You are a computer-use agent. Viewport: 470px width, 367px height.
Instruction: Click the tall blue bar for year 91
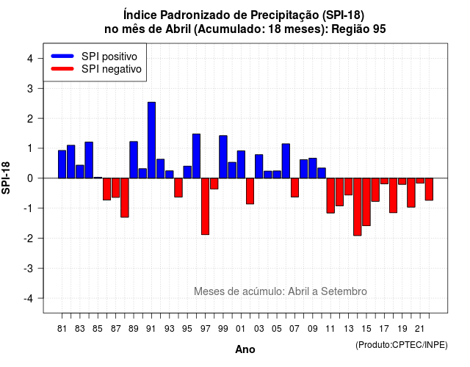pyautogui.click(x=151, y=140)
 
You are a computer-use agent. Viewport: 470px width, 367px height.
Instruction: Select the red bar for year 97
pyautogui.click(x=206, y=206)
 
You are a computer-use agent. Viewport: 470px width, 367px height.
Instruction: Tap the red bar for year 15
pyautogui.click(x=366, y=202)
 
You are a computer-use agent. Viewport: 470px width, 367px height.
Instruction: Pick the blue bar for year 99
pyautogui.click(x=223, y=157)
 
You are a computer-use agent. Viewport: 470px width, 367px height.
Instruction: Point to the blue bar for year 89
pyautogui.click(x=134, y=160)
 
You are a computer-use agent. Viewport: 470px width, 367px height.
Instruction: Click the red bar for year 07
pyautogui.click(x=294, y=188)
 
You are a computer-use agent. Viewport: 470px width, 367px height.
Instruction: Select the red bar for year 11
pyautogui.click(x=330, y=196)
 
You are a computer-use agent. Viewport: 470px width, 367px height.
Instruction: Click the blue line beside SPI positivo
pyautogui.click(x=62, y=56)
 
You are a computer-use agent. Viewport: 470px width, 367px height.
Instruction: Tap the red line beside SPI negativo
pyautogui.click(x=62, y=69)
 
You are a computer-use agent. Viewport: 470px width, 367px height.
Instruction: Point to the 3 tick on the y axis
pyautogui.click(x=40, y=88)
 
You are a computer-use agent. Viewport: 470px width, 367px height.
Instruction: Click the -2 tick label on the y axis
pyautogui.click(x=29, y=238)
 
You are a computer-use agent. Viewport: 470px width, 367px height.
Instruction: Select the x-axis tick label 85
pyautogui.click(x=98, y=329)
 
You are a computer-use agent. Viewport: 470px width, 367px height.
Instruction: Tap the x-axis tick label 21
pyautogui.click(x=419, y=329)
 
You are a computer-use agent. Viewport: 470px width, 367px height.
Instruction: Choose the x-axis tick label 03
pyautogui.click(x=259, y=329)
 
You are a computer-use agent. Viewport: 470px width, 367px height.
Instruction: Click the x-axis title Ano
pyautogui.click(x=245, y=349)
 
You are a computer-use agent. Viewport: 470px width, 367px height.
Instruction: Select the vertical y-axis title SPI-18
pyautogui.click(x=6, y=178)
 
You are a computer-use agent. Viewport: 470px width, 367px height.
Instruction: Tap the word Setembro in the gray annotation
pyautogui.click(x=344, y=291)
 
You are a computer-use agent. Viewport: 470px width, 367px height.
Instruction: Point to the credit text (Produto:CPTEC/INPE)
pyautogui.click(x=402, y=345)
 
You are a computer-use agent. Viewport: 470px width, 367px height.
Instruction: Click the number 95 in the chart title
pyautogui.click(x=380, y=29)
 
